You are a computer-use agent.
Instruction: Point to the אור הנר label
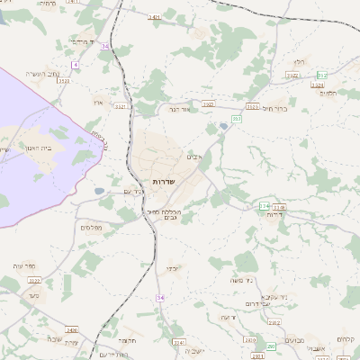182,110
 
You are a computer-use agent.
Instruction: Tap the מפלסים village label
89,227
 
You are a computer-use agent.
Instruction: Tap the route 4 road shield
76,65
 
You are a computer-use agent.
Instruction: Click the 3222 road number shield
35,281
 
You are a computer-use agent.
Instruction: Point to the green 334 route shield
265,207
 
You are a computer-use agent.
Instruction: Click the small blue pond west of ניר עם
99,191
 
